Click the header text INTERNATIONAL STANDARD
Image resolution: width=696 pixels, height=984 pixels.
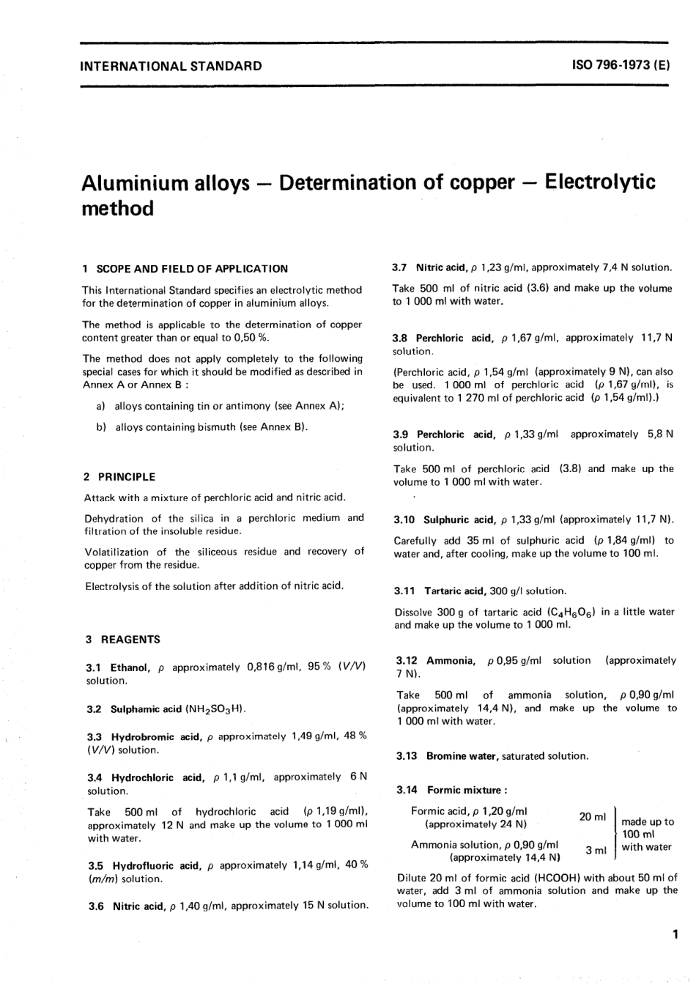coord(171,66)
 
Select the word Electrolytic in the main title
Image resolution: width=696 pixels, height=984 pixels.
coord(601,182)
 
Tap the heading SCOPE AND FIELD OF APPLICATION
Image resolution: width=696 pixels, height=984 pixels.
coord(192,269)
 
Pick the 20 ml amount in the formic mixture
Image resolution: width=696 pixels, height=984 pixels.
coord(593,817)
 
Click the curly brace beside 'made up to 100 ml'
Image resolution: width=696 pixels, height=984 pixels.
coord(615,834)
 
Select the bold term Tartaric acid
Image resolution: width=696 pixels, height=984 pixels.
coord(454,591)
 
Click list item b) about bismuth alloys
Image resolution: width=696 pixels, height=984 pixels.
coord(201,427)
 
